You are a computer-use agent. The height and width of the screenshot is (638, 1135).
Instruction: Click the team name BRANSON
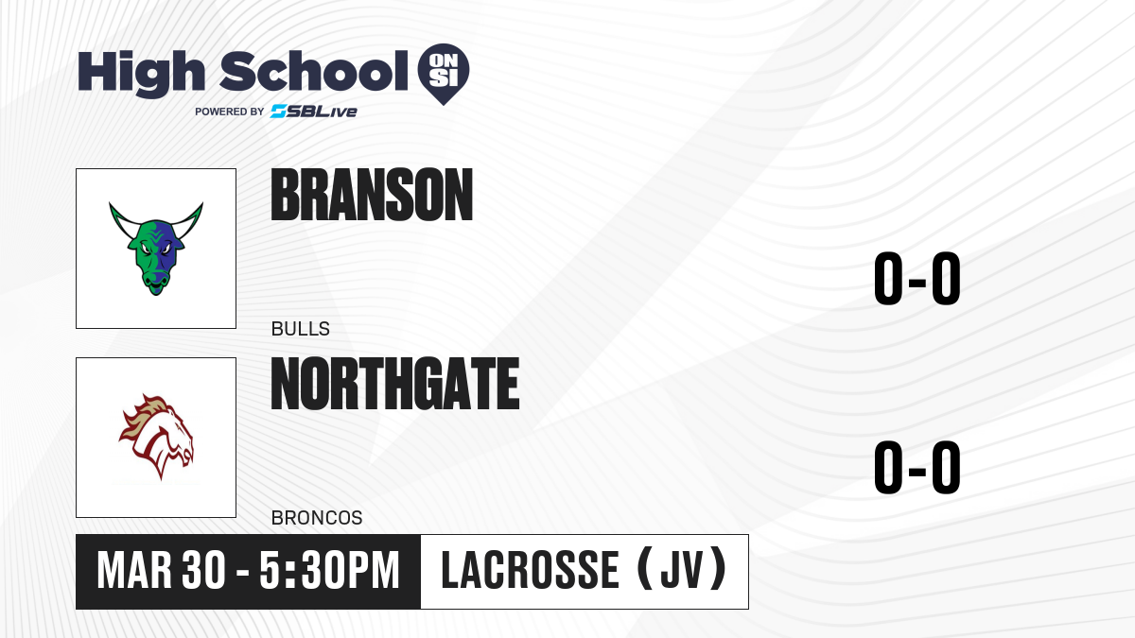pyautogui.click(x=372, y=195)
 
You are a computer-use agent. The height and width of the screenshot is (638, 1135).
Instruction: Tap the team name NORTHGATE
pyautogui.click(x=395, y=384)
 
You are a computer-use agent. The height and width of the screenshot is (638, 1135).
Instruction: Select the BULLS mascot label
pyautogui.click(x=301, y=329)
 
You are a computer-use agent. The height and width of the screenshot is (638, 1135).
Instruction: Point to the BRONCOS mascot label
pyautogui.click(x=317, y=518)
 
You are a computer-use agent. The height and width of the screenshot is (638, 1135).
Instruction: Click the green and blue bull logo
pyautogui.click(x=156, y=248)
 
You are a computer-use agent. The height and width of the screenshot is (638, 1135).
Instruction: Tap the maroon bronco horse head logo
pyautogui.click(x=156, y=437)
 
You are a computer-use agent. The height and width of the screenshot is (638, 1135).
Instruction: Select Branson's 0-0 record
pyautogui.click(x=917, y=278)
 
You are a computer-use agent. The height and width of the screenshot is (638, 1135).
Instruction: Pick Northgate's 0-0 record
pyautogui.click(x=917, y=467)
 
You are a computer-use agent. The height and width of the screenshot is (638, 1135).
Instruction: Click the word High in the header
pyautogui.click(x=141, y=74)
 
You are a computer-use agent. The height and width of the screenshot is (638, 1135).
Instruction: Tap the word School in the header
pyautogui.click(x=314, y=71)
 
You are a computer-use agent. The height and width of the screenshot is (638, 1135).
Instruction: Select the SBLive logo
pyautogui.click(x=314, y=112)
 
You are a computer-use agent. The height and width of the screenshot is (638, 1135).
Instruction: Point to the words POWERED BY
pyautogui.click(x=230, y=112)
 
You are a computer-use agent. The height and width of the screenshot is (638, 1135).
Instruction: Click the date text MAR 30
pyautogui.click(x=161, y=571)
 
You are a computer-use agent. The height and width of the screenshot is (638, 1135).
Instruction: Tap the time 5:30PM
pyautogui.click(x=329, y=571)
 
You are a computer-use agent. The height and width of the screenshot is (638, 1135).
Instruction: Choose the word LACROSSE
pyautogui.click(x=530, y=570)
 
